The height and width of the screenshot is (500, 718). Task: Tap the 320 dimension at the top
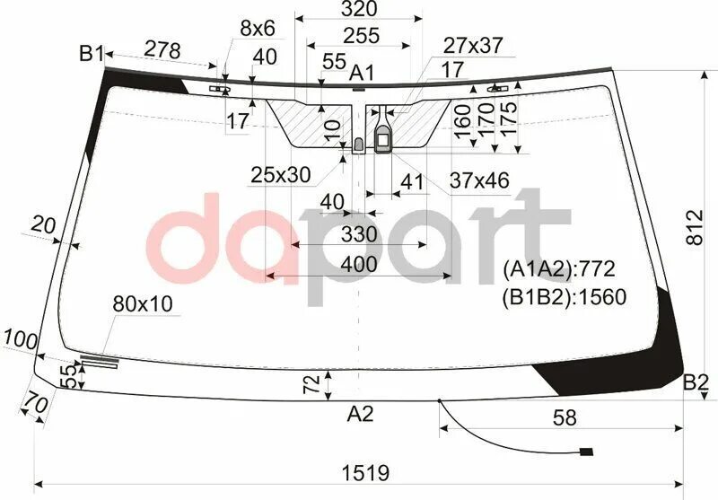(x=358, y=10)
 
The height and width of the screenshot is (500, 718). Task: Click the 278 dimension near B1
(x=162, y=50)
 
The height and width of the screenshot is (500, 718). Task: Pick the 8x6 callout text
(x=257, y=28)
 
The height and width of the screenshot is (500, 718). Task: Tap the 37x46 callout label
(x=479, y=181)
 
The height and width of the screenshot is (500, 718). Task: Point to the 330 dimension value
(x=359, y=235)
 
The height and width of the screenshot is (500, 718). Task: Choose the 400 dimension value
(x=359, y=265)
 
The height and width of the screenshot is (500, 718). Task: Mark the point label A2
(x=360, y=414)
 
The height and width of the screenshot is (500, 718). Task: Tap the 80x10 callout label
(x=142, y=305)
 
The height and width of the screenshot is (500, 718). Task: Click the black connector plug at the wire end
(x=587, y=452)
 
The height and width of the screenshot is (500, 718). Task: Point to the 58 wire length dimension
(x=565, y=417)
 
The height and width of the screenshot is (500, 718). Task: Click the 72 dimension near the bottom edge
(x=311, y=386)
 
